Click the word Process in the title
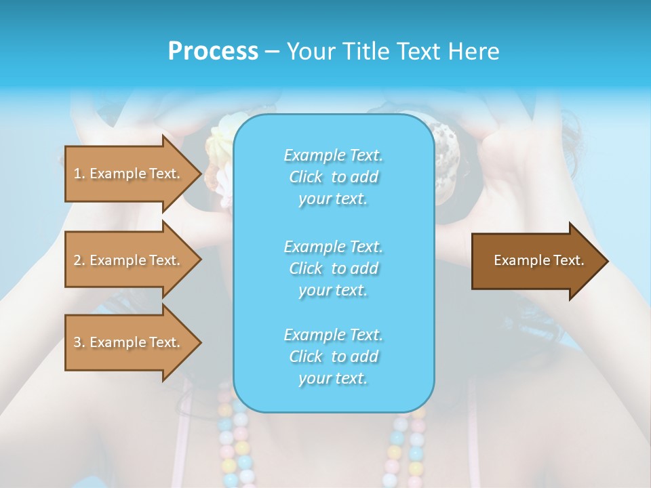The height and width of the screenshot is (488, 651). pos(212,52)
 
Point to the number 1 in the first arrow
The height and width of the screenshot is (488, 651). pos(77,174)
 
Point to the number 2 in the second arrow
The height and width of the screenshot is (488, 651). pos(77,260)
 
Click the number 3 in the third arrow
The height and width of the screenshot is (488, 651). pos(77,342)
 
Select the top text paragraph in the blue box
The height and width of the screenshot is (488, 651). pos(333,177)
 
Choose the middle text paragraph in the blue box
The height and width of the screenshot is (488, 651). pos(333,268)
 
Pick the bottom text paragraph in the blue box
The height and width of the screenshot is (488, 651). pos(333,357)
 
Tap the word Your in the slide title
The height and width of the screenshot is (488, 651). pos(311,52)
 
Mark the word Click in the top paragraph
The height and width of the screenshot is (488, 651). pos(305,177)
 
